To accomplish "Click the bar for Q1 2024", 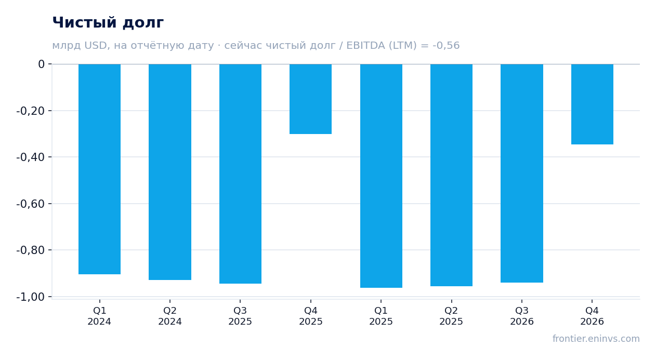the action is (100, 169).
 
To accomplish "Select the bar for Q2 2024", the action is (170, 172).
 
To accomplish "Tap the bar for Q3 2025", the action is (241, 174).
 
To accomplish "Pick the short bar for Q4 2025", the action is (311, 99).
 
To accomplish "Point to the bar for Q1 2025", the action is (382, 176).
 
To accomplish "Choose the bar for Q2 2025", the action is (451, 175).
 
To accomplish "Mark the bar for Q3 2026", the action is (522, 174).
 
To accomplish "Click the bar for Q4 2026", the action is (592, 104).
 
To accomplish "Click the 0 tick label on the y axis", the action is (41, 64).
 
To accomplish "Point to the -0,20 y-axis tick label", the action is (31, 111).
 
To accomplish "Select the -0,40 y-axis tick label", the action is (31, 157).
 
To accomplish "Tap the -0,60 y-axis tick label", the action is (31, 204).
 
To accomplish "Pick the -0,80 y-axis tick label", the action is (31, 250).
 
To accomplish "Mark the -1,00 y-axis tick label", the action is (31, 297).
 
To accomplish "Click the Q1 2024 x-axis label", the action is (100, 316).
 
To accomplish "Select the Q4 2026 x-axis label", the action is (592, 316).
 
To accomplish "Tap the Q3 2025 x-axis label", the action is (241, 316).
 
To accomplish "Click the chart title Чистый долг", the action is (108, 22).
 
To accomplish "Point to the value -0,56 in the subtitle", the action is (446, 45).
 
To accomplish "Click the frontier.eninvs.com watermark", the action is (596, 339).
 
